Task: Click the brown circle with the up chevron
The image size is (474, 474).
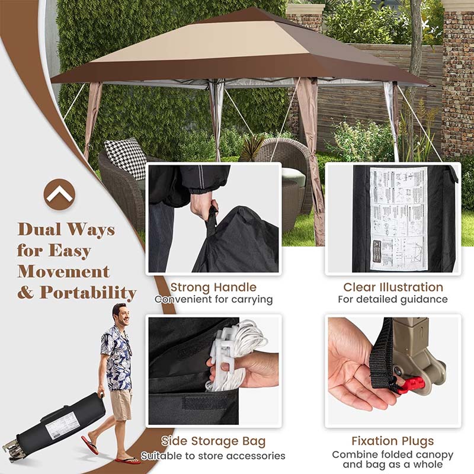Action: coord(59,194)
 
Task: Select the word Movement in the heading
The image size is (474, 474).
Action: coord(63,271)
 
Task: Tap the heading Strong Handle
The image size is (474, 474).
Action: coord(213,287)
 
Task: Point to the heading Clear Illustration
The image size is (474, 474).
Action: coord(393,287)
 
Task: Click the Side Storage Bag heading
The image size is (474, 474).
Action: coord(213,441)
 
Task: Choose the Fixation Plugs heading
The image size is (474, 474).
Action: coord(393,441)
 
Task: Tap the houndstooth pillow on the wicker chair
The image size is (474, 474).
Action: coord(126,157)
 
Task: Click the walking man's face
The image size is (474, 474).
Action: coord(121,315)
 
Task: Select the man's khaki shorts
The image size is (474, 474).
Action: coord(121,403)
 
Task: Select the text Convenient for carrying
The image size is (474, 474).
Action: coord(213,300)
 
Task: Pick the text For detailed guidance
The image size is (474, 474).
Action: coord(393,300)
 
